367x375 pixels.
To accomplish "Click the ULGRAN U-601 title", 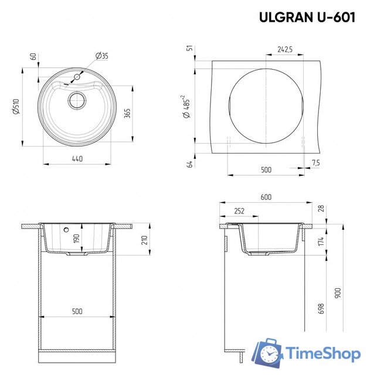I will click(307, 18).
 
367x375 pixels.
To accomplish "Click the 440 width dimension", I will click(76, 159).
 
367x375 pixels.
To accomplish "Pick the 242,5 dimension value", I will click(285, 50).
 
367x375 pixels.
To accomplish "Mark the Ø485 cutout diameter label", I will click(186, 105).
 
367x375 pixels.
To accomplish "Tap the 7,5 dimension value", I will click(316, 162).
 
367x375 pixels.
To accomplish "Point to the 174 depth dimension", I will click(322, 241).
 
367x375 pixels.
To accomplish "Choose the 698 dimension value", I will click(321, 309).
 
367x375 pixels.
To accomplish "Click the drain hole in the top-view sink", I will click(76, 100).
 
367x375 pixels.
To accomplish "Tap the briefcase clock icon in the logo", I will click(267, 353).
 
